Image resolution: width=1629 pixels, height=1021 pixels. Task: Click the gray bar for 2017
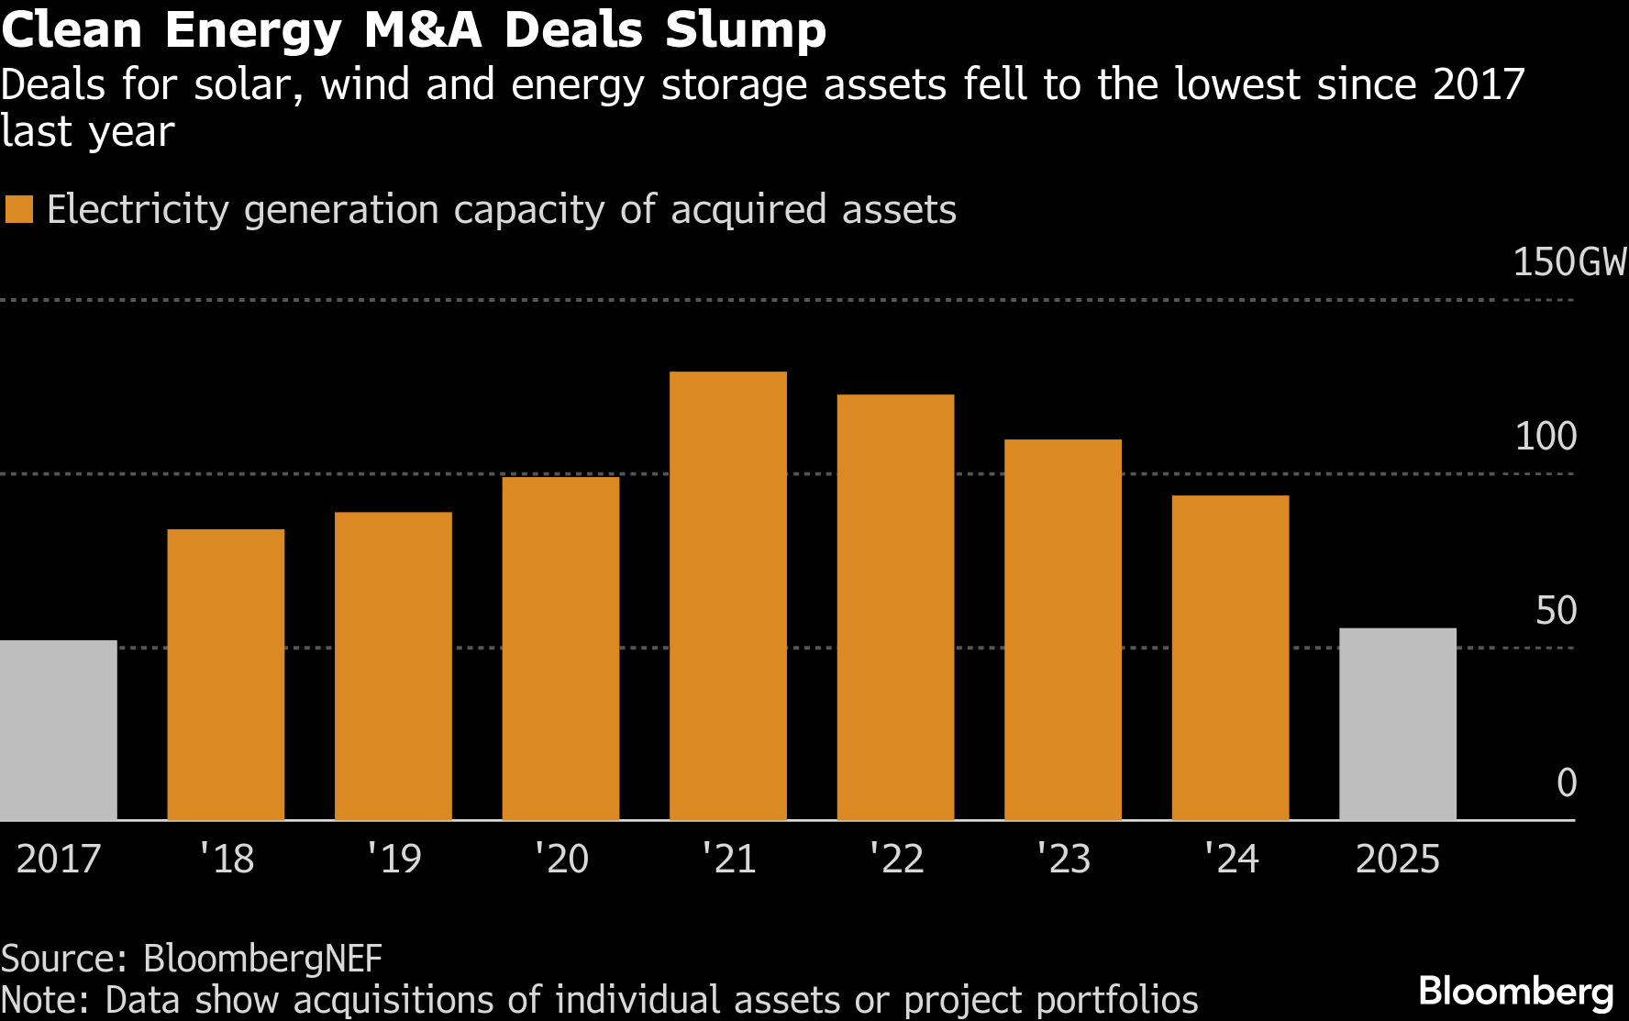point(58,729)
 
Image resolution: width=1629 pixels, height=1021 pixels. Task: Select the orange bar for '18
point(226,674)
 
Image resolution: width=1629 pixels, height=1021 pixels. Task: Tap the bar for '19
point(393,665)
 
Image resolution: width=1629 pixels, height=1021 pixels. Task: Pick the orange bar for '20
point(560,648)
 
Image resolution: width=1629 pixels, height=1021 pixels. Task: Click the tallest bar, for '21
point(728,595)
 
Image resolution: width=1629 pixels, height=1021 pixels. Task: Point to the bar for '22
point(895,606)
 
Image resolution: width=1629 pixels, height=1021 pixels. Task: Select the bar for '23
point(1063,629)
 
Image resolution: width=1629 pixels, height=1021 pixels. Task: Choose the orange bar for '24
point(1230,657)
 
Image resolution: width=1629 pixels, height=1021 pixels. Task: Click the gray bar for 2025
point(1398,724)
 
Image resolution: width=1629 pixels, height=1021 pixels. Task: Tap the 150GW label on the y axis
point(1568,262)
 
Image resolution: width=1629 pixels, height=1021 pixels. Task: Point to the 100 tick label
point(1546,436)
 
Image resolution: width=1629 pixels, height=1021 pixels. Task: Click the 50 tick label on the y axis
point(1556,610)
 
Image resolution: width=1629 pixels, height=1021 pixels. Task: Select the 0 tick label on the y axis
point(1567,782)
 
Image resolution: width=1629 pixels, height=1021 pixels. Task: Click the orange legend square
point(19,209)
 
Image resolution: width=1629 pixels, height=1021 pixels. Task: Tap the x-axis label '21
point(729,859)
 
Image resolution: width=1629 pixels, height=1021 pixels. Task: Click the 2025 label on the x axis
point(1397,859)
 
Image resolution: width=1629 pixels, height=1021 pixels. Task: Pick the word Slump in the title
point(745,30)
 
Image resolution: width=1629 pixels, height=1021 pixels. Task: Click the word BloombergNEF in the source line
point(262,958)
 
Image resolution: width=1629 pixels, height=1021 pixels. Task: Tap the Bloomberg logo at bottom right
point(1515,992)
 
